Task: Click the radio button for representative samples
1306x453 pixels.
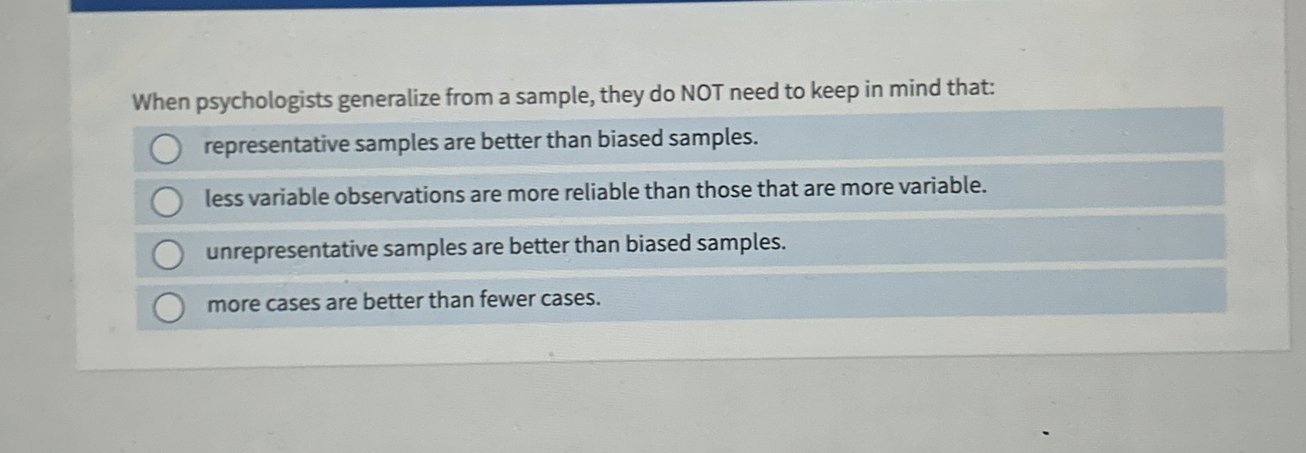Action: pyautogui.click(x=165, y=149)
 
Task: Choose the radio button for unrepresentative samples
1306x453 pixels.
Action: pyautogui.click(x=168, y=254)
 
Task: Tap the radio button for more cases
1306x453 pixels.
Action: pyautogui.click(x=169, y=308)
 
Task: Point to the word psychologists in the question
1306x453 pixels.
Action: pyautogui.click(x=263, y=101)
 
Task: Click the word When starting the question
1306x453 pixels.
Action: pyautogui.click(x=161, y=102)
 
